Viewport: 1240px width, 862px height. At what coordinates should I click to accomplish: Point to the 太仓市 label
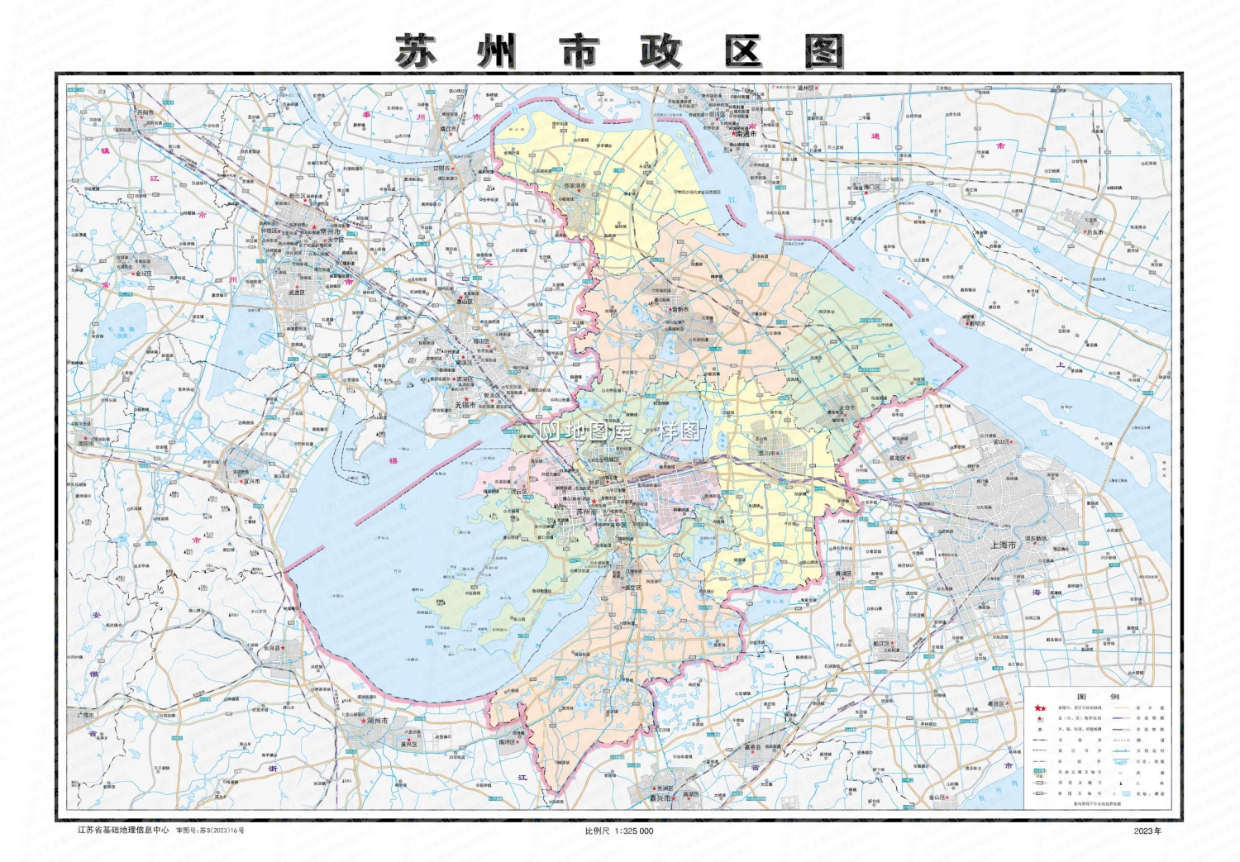click(847, 407)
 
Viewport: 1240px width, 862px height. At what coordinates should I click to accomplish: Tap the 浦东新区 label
click(1036, 539)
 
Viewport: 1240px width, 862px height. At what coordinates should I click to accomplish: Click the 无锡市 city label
click(465, 405)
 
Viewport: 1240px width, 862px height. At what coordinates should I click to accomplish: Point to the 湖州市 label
click(378, 721)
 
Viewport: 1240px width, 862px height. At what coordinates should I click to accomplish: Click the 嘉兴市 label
click(660, 798)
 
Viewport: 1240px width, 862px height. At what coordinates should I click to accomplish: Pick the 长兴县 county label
click(272, 648)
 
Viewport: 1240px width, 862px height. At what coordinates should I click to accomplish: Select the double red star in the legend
click(1040, 708)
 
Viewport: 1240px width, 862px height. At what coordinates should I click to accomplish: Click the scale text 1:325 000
click(633, 831)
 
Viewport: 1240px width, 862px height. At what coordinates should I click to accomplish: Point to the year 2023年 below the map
click(1147, 831)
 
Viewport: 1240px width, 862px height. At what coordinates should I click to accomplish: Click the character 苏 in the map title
click(416, 52)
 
